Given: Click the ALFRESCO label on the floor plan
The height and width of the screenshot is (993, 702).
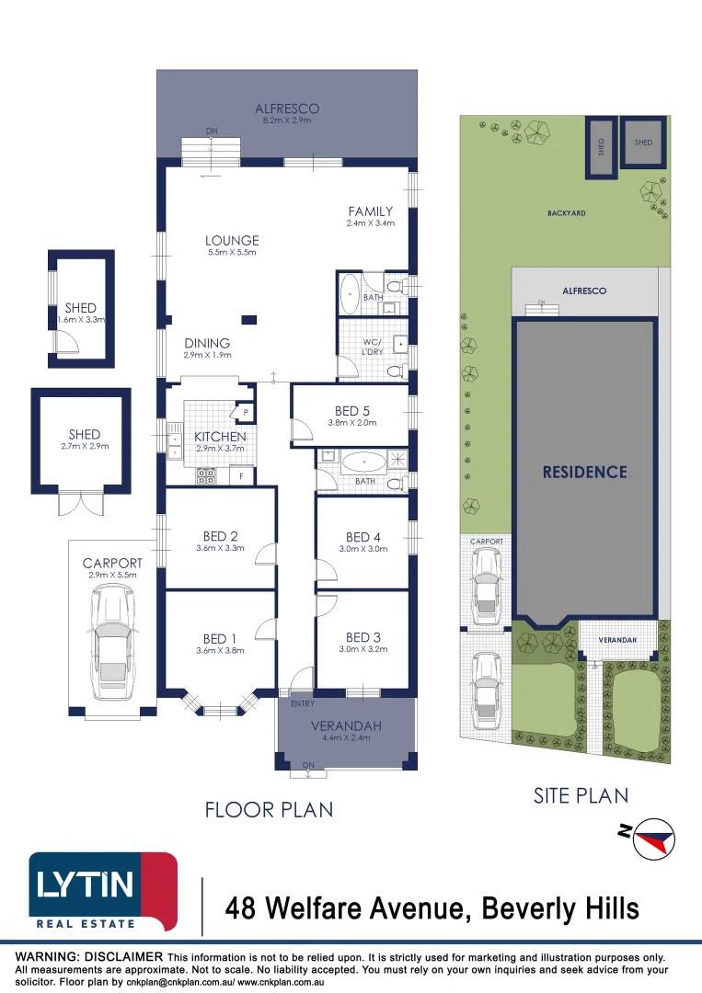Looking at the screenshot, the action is point(287,108).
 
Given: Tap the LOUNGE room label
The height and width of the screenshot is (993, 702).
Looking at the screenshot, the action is point(232,240).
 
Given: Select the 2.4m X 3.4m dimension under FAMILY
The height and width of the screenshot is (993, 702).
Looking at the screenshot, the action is point(371,223).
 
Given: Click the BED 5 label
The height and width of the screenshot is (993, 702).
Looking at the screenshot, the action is point(352,411).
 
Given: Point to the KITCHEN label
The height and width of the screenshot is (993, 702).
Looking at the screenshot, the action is point(220,437).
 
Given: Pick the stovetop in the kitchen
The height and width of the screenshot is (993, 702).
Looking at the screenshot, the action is point(206,475).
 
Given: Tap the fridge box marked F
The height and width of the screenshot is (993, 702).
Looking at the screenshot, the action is point(241,475).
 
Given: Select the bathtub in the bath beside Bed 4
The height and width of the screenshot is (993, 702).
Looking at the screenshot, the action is point(363,462).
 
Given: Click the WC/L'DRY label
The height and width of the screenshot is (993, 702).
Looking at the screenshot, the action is point(373,347).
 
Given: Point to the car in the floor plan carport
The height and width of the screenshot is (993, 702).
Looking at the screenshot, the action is point(113,642).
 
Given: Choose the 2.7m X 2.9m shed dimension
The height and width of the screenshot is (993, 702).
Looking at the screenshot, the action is point(85,446).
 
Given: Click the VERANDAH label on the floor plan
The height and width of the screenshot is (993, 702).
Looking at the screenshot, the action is point(346,725).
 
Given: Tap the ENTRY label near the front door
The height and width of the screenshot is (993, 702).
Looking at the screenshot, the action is point(303,703).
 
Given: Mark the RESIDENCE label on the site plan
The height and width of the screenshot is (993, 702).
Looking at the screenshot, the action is point(585,472).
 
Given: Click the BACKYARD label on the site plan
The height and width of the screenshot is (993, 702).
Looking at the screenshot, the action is point(567,212).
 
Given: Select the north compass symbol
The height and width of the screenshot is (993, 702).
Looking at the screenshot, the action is point(653,839).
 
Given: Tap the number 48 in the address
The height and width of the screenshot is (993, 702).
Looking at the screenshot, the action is point(240,908).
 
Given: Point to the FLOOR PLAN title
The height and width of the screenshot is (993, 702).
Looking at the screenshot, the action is point(269,809).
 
